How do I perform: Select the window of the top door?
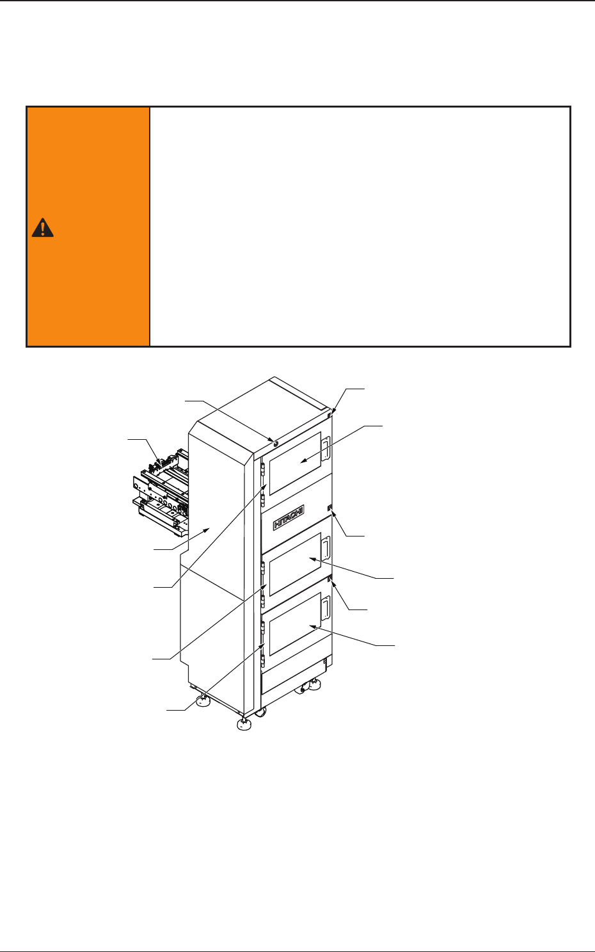pyautogui.click(x=295, y=463)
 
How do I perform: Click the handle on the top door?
pyautogui.click(x=326, y=448)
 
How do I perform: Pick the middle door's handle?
pyautogui.click(x=326, y=549)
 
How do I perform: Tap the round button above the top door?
pyautogui.click(x=275, y=442)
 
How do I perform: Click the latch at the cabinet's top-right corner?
pyautogui.click(x=330, y=415)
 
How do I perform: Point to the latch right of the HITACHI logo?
pyautogui.click(x=329, y=509)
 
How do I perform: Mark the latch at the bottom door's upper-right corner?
pyautogui.click(x=329, y=579)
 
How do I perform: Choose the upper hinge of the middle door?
pyautogui.click(x=263, y=568)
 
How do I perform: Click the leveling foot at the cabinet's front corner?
pyautogui.click(x=243, y=724)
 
